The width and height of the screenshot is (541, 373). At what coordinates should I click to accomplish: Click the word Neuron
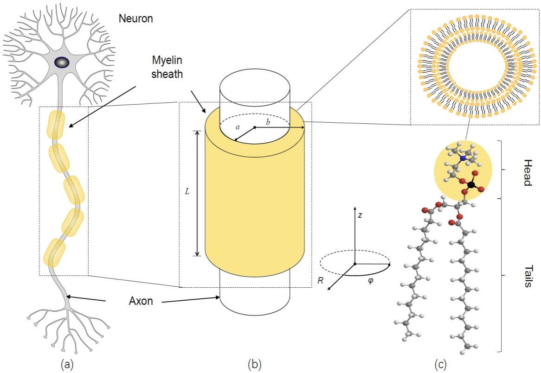click(136, 19)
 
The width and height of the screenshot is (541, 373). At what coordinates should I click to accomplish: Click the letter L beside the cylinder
click(187, 191)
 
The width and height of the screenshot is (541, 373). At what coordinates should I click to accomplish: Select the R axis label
click(321, 280)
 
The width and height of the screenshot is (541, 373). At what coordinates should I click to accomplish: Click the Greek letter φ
click(370, 281)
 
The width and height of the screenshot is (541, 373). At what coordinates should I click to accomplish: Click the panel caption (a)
click(68, 364)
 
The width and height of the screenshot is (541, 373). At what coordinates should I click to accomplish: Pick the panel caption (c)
click(440, 364)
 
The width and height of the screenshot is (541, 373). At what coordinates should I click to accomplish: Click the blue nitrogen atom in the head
click(463, 158)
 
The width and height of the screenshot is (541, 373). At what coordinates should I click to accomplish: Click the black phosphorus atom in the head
click(471, 185)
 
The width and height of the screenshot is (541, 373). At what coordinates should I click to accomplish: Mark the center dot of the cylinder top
click(255, 127)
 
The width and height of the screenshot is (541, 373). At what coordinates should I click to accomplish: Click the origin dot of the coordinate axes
click(354, 263)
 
